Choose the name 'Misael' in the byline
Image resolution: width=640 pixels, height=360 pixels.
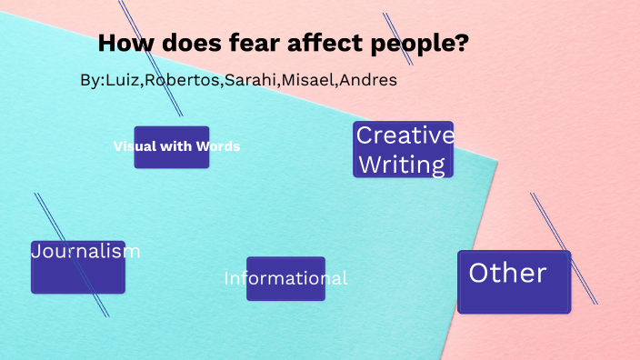[x=308, y=80]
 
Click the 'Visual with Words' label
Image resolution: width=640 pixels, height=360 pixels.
[x=176, y=146]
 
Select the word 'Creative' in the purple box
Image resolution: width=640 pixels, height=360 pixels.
[x=405, y=135]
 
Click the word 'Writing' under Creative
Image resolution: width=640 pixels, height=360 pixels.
[x=402, y=165]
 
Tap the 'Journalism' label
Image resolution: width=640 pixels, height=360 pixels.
[x=85, y=252]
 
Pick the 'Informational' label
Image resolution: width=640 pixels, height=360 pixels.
[x=285, y=278]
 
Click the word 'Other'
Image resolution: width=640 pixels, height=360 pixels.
[x=507, y=273]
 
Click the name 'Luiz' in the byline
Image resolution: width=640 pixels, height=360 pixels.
[x=122, y=80]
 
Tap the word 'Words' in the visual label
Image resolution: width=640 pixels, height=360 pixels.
[x=221, y=146]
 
